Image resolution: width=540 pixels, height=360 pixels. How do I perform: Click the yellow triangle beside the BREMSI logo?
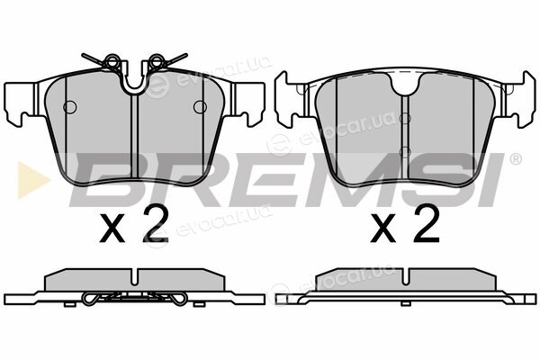pyautogui.click(x=31, y=180)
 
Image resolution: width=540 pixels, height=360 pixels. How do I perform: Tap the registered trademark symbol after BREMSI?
pyautogui.click(x=515, y=159)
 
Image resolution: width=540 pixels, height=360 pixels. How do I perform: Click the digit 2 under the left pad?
pyautogui.click(x=156, y=223)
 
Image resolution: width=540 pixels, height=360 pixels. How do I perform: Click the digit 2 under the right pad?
pyautogui.click(x=427, y=223)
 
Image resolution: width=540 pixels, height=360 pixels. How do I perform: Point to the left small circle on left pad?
pyautogui.click(x=70, y=107)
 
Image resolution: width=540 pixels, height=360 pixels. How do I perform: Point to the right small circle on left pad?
pyautogui.click(x=200, y=107)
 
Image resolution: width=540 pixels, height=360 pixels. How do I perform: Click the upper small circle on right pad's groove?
pyautogui.click(x=405, y=119)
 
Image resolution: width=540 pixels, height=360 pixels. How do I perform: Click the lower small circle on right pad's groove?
pyautogui.click(x=405, y=151)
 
